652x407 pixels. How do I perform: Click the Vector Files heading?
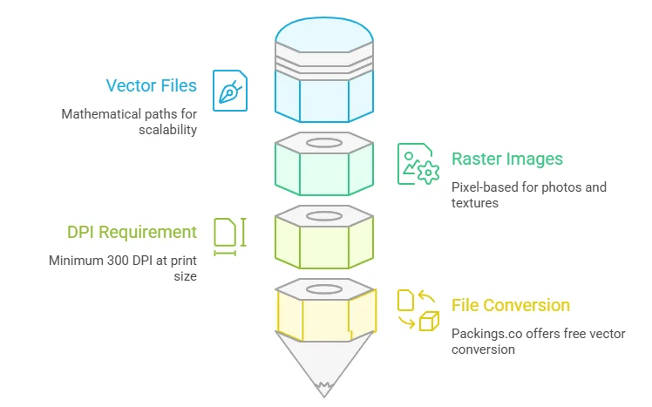click(151, 85)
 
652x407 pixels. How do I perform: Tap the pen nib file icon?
click(230, 91)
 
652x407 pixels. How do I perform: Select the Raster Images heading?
click(507, 159)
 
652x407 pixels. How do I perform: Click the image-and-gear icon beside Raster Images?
click(418, 164)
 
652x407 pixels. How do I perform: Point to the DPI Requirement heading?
click(132, 232)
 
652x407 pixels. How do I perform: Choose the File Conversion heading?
click(511, 305)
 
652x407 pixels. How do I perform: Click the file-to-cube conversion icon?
click(418, 310)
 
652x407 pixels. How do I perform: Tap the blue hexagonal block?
click(324, 96)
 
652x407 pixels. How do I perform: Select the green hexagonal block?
click(324, 169)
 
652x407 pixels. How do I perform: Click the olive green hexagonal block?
click(324, 242)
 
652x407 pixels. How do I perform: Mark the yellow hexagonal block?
click(324, 315)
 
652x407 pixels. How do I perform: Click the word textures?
click(476, 202)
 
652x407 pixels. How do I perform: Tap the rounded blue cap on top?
click(324, 35)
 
